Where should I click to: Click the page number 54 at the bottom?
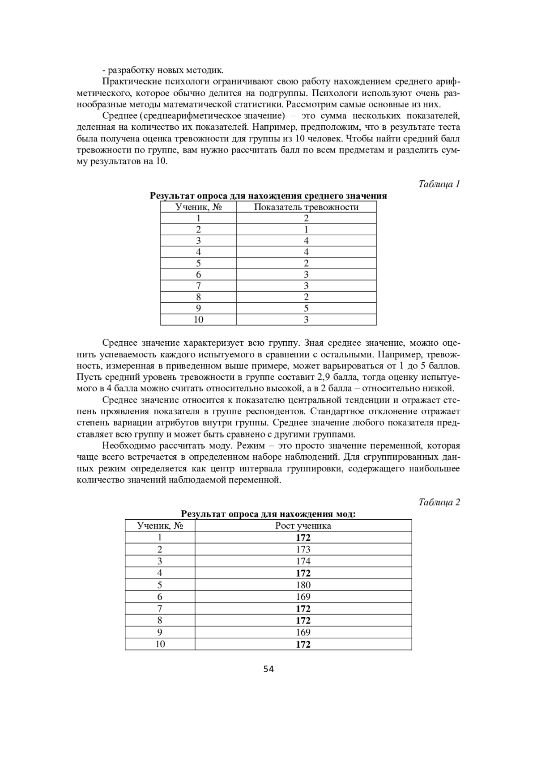[x=268, y=669]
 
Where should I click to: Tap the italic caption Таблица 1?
[x=439, y=184]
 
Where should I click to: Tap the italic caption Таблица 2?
[x=439, y=502]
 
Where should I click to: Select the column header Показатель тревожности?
[x=306, y=207]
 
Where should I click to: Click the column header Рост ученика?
[x=303, y=526]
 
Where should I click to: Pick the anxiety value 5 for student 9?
[x=306, y=308]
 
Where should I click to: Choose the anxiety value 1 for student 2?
[x=306, y=229]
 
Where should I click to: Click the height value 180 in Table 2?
[x=303, y=585]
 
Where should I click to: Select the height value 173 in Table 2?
[x=303, y=549]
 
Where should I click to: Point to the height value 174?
[x=303, y=561]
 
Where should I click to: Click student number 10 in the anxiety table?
[x=198, y=319]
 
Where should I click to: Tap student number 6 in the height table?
[x=160, y=597]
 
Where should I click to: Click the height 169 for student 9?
[x=303, y=632]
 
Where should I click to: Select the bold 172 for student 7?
[x=303, y=609]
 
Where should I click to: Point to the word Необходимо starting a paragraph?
[x=128, y=445]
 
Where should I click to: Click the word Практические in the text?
[x=129, y=81]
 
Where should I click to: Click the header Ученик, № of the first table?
[x=198, y=207]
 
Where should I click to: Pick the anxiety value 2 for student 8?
[x=306, y=297]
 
